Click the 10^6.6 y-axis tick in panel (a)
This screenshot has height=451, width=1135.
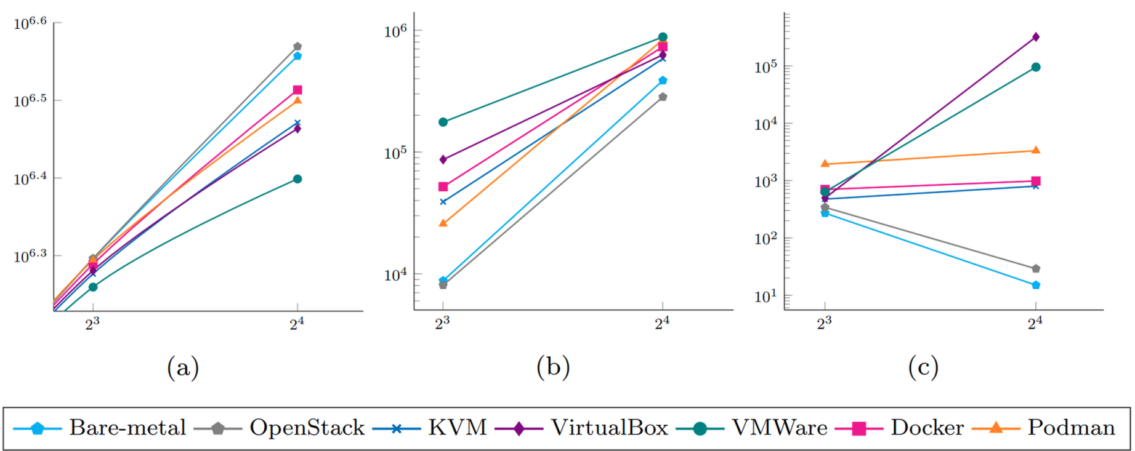[x=30, y=23]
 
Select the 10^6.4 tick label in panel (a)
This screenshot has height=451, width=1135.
[x=30, y=179]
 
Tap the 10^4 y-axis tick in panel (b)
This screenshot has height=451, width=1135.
[x=396, y=274]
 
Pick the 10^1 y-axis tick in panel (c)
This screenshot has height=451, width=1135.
[x=766, y=296]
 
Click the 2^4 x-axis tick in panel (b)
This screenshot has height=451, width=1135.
[x=663, y=323]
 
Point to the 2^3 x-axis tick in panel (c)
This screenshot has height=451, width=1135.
[x=825, y=323]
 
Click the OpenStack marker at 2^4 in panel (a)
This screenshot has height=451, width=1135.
[x=297, y=46]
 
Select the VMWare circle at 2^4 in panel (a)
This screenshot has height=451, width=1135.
[x=297, y=179]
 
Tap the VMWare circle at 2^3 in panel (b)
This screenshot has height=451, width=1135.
[x=443, y=122]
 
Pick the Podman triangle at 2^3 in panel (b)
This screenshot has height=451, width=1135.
[x=443, y=223]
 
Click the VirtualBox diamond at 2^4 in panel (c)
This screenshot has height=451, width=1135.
[x=1036, y=37]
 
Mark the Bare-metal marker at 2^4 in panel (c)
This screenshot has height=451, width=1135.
[x=1036, y=285]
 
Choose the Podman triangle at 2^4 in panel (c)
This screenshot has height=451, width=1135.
[x=1036, y=150]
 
